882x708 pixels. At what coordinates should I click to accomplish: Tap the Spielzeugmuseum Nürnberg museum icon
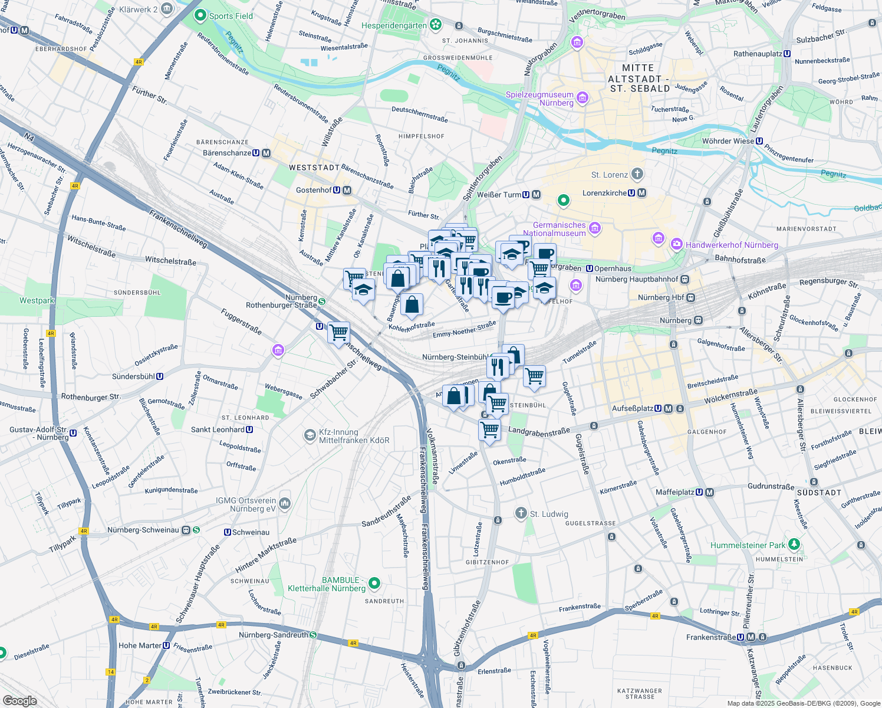(x=582, y=98)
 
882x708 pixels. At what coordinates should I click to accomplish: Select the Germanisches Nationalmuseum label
(x=559, y=229)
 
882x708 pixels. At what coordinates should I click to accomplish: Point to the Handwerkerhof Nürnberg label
(x=732, y=245)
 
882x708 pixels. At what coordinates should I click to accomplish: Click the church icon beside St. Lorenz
(x=637, y=174)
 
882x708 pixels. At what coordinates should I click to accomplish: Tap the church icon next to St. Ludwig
(x=521, y=513)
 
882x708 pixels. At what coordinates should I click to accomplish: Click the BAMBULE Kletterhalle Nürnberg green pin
(x=374, y=584)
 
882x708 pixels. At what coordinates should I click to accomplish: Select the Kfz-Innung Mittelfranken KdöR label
(x=354, y=436)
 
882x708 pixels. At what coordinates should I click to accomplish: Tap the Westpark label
(x=37, y=300)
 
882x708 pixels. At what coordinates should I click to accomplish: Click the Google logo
(x=19, y=700)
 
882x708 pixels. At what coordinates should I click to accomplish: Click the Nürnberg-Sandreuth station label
(x=273, y=635)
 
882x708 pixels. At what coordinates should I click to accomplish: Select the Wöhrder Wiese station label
(x=728, y=141)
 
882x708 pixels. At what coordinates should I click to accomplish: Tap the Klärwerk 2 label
(x=139, y=9)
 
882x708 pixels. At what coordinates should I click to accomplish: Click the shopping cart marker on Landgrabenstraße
(x=489, y=430)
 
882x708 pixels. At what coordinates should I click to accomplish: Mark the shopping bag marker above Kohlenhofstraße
(x=412, y=304)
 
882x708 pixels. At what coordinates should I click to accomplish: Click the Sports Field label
(x=231, y=16)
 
